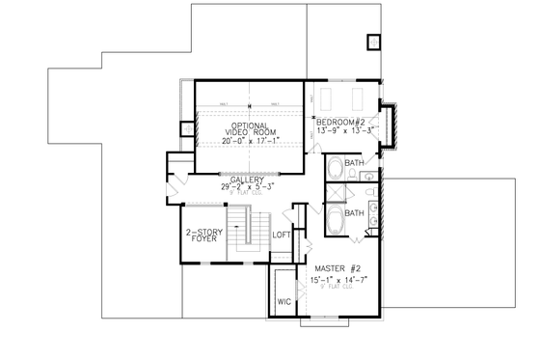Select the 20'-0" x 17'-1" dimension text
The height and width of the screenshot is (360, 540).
[249, 141]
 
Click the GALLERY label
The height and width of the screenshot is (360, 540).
[248, 180]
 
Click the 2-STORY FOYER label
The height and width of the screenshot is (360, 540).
[203, 237]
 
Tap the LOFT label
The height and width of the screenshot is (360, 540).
[282, 235]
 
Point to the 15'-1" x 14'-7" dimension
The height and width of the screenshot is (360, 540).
[338, 280]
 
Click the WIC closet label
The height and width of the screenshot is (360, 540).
[284, 302]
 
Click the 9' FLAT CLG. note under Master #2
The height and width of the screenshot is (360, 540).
[338, 288]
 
